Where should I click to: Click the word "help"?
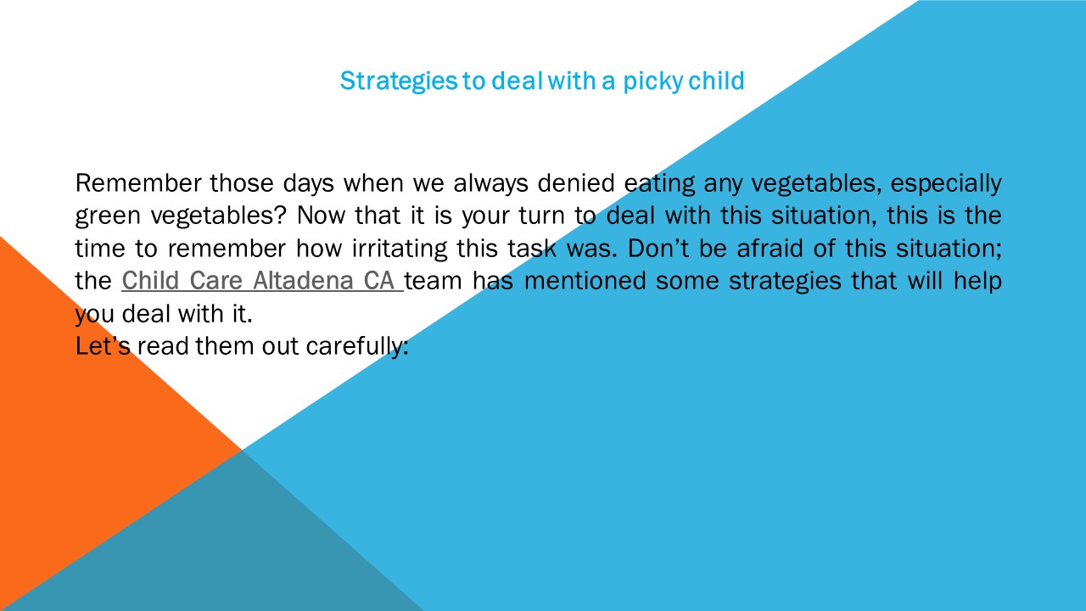pyautogui.click(x=978, y=281)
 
